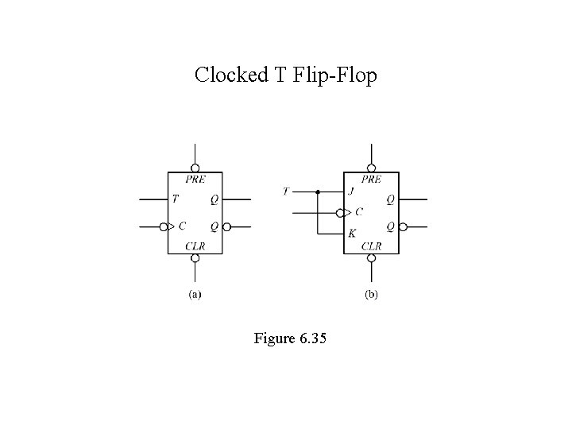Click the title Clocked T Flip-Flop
pyautogui.click(x=286, y=75)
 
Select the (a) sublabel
pyautogui.click(x=195, y=295)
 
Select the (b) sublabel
pyautogui.click(x=371, y=295)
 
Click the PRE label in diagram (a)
pyautogui.click(x=195, y=179)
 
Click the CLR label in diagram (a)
pyautogui.click(x=195, y=246)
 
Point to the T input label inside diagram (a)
pyautogui.click(x=175, y=199)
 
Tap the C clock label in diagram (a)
pyautogui.click(x=182, y=226)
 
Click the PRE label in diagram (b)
pyautogui.click(x=371, y=179)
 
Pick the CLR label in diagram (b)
pyautogui.click(x=372, y=246)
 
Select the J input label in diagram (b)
pyautogui.click(x=351, y=191)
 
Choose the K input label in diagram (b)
pyautogui.click(x=351, y=234)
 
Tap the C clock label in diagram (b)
pyautogui.click(x=358, y=212)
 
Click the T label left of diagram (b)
pyautogui.click(x=286, y=191)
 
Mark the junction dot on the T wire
pyautogui.click(x=318, y=191)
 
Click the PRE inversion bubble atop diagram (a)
pyautogui.click(x=195, y=168)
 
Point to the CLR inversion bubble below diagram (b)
pyautogui.click(x=371, y=258)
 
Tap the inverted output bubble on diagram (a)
pyautogui.click(x=226, y=227)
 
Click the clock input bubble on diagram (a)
pyautogui.click(x=164, y=227)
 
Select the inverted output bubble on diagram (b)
pyautogui.click(x=403, y=227)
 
